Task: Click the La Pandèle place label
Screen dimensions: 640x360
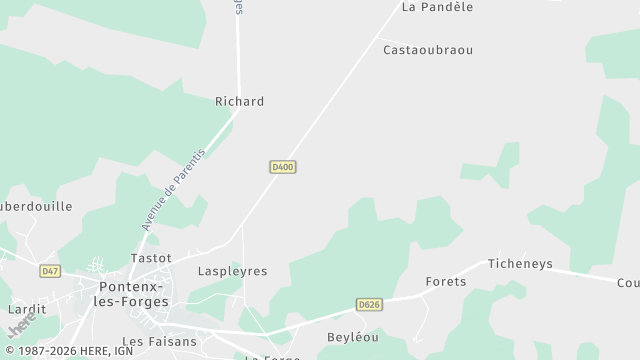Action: click(437, 7)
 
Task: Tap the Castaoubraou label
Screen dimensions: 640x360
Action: click(428, 50)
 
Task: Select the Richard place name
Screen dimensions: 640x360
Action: click(240, 102)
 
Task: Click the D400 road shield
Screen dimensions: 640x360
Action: click(282, 167)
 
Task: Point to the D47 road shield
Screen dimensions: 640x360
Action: click(50, 271)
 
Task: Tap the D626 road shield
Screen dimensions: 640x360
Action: click(369, 304)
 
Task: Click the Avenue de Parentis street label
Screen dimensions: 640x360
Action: click(173, 189)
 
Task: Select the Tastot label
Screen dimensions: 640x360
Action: click(151, 258)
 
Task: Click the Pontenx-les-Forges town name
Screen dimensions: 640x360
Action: click(133, 294)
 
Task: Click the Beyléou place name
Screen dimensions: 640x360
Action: click(353, 338)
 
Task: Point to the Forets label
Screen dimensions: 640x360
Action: click(446, 282)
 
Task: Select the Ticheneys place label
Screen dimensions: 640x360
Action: click(520, 264)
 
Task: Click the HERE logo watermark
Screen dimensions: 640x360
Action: click(19, 323)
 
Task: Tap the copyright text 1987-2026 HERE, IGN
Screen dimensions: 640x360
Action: click(67, 352)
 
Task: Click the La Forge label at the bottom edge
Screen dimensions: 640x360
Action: click(273, 357)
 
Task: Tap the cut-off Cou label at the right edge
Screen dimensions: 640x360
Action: click(629, 282)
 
